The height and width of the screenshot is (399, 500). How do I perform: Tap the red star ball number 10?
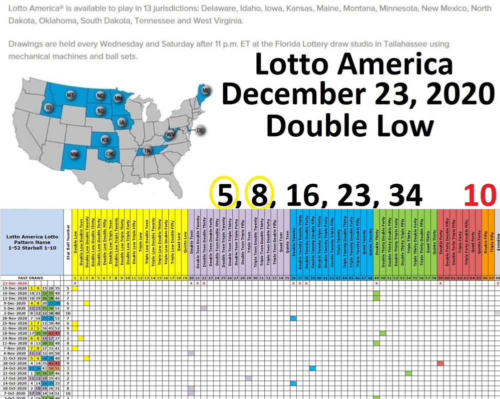point(479,195)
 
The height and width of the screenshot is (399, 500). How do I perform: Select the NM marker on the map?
point(74,155)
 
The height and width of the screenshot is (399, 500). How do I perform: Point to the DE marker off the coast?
point(201,130)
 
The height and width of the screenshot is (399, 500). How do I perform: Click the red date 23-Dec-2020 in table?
point(14,283)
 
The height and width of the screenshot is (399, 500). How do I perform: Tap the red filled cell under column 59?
point(440,362)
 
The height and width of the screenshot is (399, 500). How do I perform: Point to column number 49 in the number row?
point(376,278)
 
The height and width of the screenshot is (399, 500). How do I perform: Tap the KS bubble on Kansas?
point(105,140)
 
